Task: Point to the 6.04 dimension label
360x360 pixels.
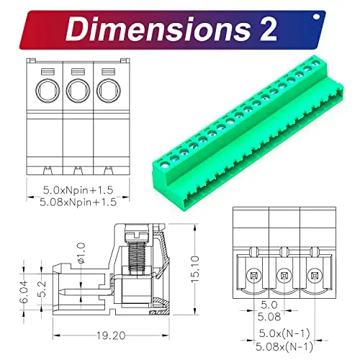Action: tap(24, 291)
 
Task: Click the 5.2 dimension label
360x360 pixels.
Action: tap(42, 290)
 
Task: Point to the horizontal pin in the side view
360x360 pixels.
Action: tap(72, 294)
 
